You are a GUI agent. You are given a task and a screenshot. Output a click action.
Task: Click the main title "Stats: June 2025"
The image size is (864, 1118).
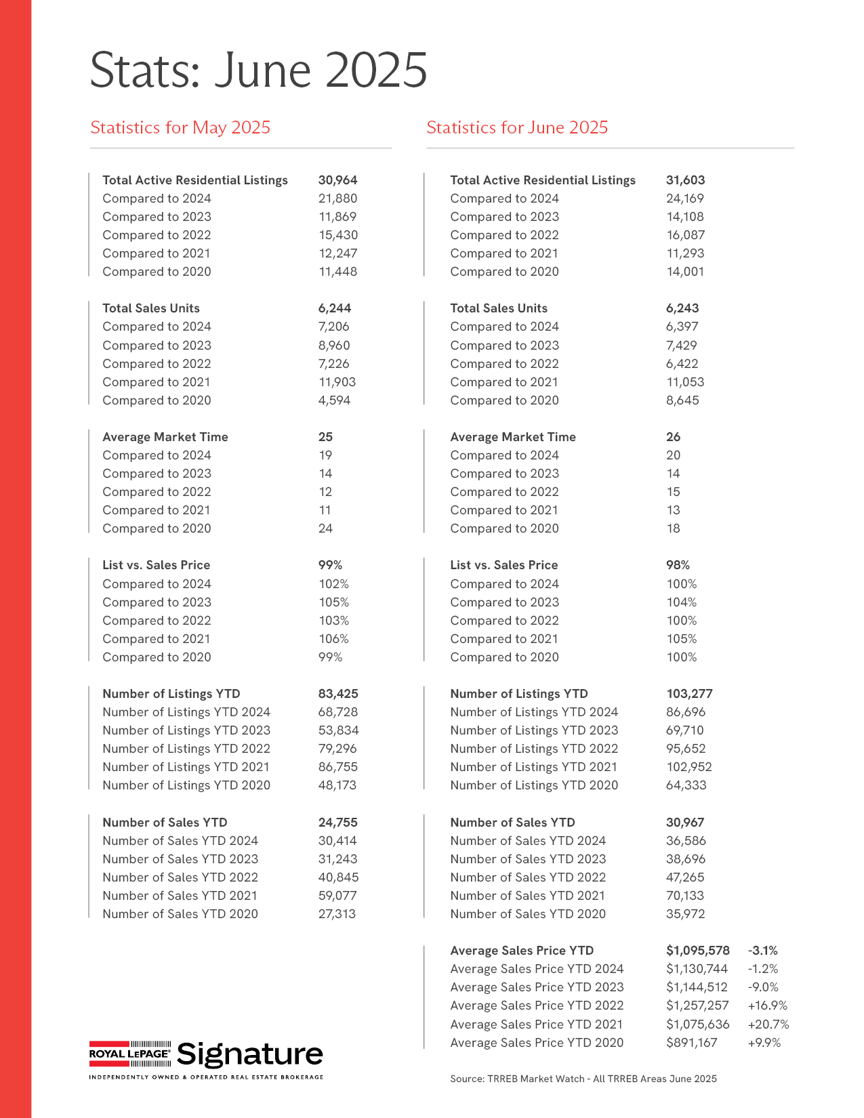pos(258,70)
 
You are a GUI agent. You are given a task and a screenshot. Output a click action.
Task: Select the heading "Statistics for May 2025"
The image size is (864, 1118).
pos(180,127)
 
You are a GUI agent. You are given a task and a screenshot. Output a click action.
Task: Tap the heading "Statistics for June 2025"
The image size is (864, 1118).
pos(517,127)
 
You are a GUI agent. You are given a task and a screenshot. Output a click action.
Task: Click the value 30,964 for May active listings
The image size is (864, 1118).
pos(337,180)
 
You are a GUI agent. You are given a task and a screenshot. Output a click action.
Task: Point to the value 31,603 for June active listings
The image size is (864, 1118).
pos(685,180)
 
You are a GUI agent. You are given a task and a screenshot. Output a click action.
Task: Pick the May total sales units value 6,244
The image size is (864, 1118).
pos(335,308)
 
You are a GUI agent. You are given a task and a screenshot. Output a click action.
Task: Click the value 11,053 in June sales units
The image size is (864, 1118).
pos(685,382)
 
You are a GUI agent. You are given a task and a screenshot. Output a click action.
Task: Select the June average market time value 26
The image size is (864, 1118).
pos(673,437)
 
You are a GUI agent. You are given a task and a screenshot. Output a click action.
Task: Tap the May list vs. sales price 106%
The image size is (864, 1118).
pos(333,639)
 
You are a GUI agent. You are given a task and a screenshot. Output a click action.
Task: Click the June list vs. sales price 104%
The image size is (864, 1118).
pos(681,602)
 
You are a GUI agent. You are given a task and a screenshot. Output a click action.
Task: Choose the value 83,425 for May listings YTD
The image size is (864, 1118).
pos(338,694)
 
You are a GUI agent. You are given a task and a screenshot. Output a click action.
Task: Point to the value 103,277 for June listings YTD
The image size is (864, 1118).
pos(689,694)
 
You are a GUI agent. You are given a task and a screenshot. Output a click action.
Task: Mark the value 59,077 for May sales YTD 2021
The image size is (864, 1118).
pos(337,896)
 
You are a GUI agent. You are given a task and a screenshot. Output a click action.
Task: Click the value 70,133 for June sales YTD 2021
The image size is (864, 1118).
pos(685,896)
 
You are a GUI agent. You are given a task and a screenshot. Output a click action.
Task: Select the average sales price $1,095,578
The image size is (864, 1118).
pos(697,951)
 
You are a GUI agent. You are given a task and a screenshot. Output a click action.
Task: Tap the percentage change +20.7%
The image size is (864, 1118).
pos(768,1024)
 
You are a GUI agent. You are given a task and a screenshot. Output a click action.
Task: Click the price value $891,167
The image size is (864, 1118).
pos(691,1043)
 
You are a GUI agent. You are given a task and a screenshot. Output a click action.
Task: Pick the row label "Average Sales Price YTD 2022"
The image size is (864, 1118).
pos(537,1006)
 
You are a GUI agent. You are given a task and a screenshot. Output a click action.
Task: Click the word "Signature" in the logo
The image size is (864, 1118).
pos(250,1054)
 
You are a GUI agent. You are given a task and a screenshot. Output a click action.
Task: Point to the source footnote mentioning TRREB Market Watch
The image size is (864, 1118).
pos(583,1079)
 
